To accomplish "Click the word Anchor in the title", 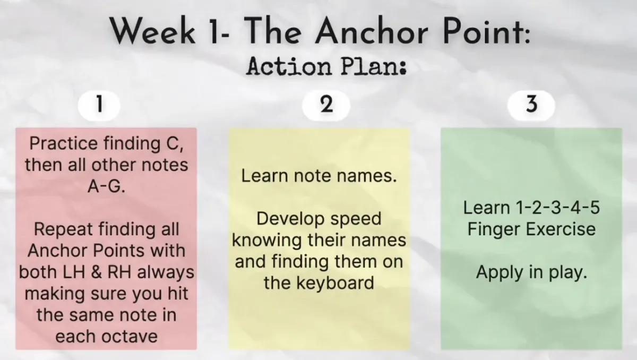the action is click(371, 30).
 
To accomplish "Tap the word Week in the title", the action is click(152, 30).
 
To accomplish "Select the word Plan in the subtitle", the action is click(374, 66).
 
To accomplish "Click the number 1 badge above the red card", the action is click(99, 106).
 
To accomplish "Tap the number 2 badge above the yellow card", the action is click(326, 105).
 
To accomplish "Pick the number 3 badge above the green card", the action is click(531, 105).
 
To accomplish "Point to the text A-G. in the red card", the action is click(106, 186).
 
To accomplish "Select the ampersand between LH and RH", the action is click(97, 272).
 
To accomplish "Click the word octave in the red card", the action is click(130, 337).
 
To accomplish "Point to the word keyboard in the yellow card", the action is click(335, 283).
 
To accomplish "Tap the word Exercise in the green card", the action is click(561, 229).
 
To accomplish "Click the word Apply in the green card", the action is click(500, 273).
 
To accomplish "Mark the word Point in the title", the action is click(487, 30).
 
